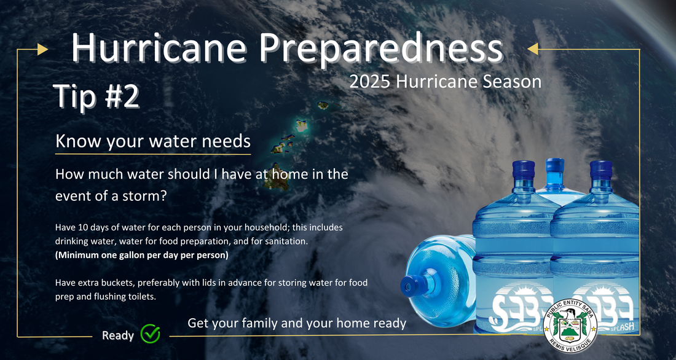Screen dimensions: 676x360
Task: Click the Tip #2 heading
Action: [x=96, y=96]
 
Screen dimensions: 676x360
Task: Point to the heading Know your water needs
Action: [x=153, y=141]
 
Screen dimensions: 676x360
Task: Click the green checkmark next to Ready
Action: [x=151, y=333]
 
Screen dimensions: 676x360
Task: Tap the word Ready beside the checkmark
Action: [x=118, y=335]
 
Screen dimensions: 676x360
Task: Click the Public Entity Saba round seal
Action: [x=570, y=326]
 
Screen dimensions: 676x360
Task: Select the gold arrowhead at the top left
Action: [x=42, y=49]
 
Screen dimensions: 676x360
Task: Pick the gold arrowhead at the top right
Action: [x=533, y=49]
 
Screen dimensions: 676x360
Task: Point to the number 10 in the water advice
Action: [x=76, y=227]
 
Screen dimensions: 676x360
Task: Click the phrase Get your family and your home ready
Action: [x=297, y=323]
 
